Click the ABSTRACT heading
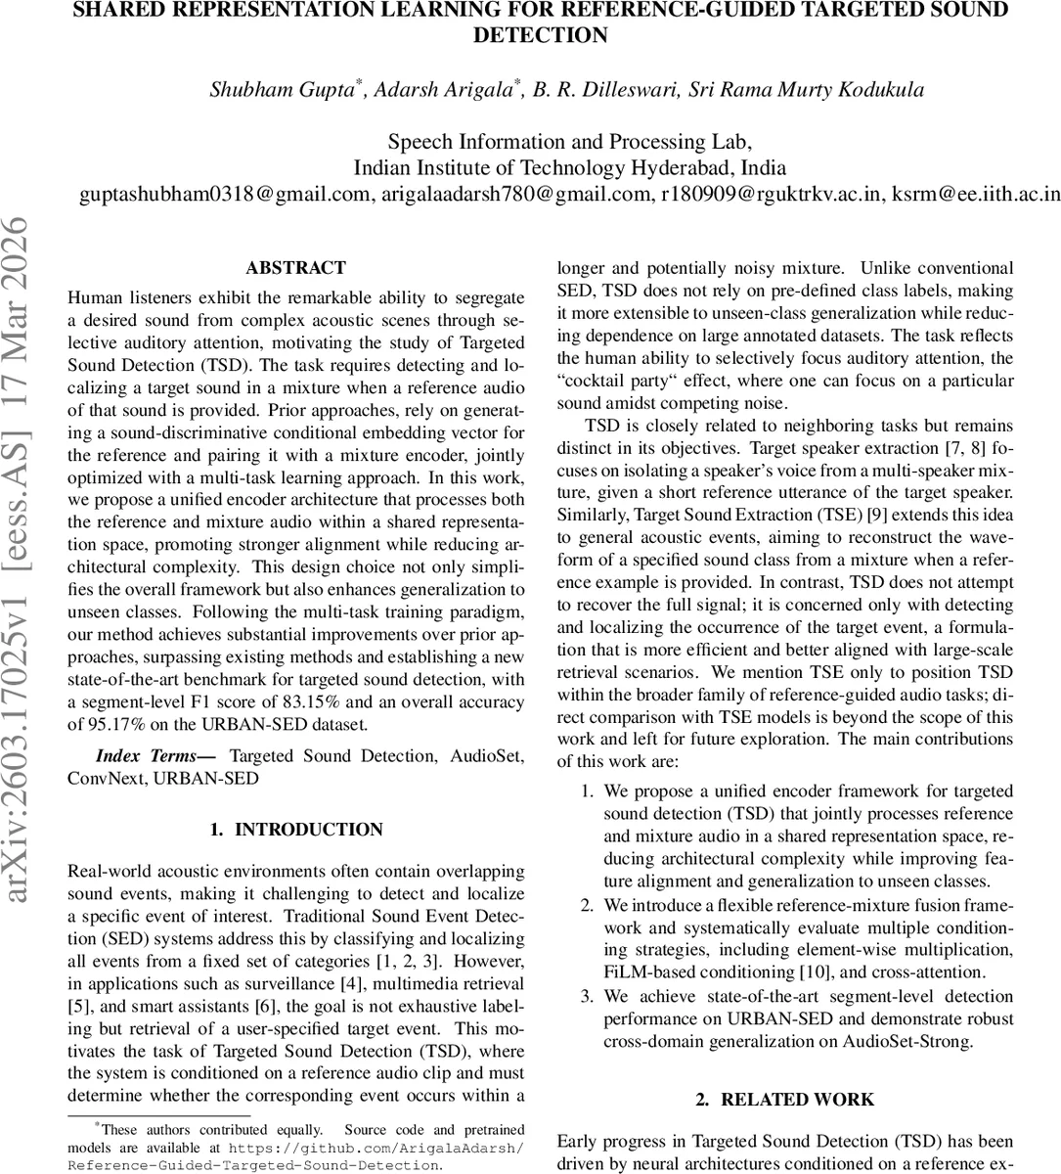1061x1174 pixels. [x=295, y=268]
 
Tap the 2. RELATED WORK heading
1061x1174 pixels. [x=785, y=1100]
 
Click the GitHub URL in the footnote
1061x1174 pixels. [x=293, y=1156]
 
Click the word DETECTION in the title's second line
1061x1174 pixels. [x=540, y=35]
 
